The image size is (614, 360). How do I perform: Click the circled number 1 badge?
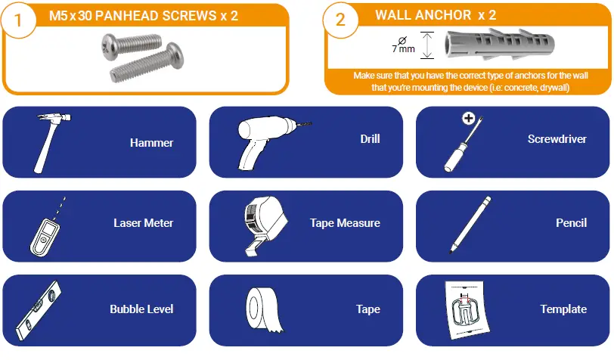tap(21, 20)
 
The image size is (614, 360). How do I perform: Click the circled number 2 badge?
tap(340, 20)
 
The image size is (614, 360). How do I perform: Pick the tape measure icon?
tap(262, 224)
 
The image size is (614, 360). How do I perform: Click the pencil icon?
tap(470, 223)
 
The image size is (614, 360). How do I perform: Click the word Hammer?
tap(151, 143)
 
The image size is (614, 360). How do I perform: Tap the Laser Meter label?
tap(143, 223)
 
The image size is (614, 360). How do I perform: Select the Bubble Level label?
tap(141, 309)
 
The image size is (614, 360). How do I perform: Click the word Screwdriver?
tap(557, 139)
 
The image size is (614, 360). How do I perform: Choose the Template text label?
tap(563, 309)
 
